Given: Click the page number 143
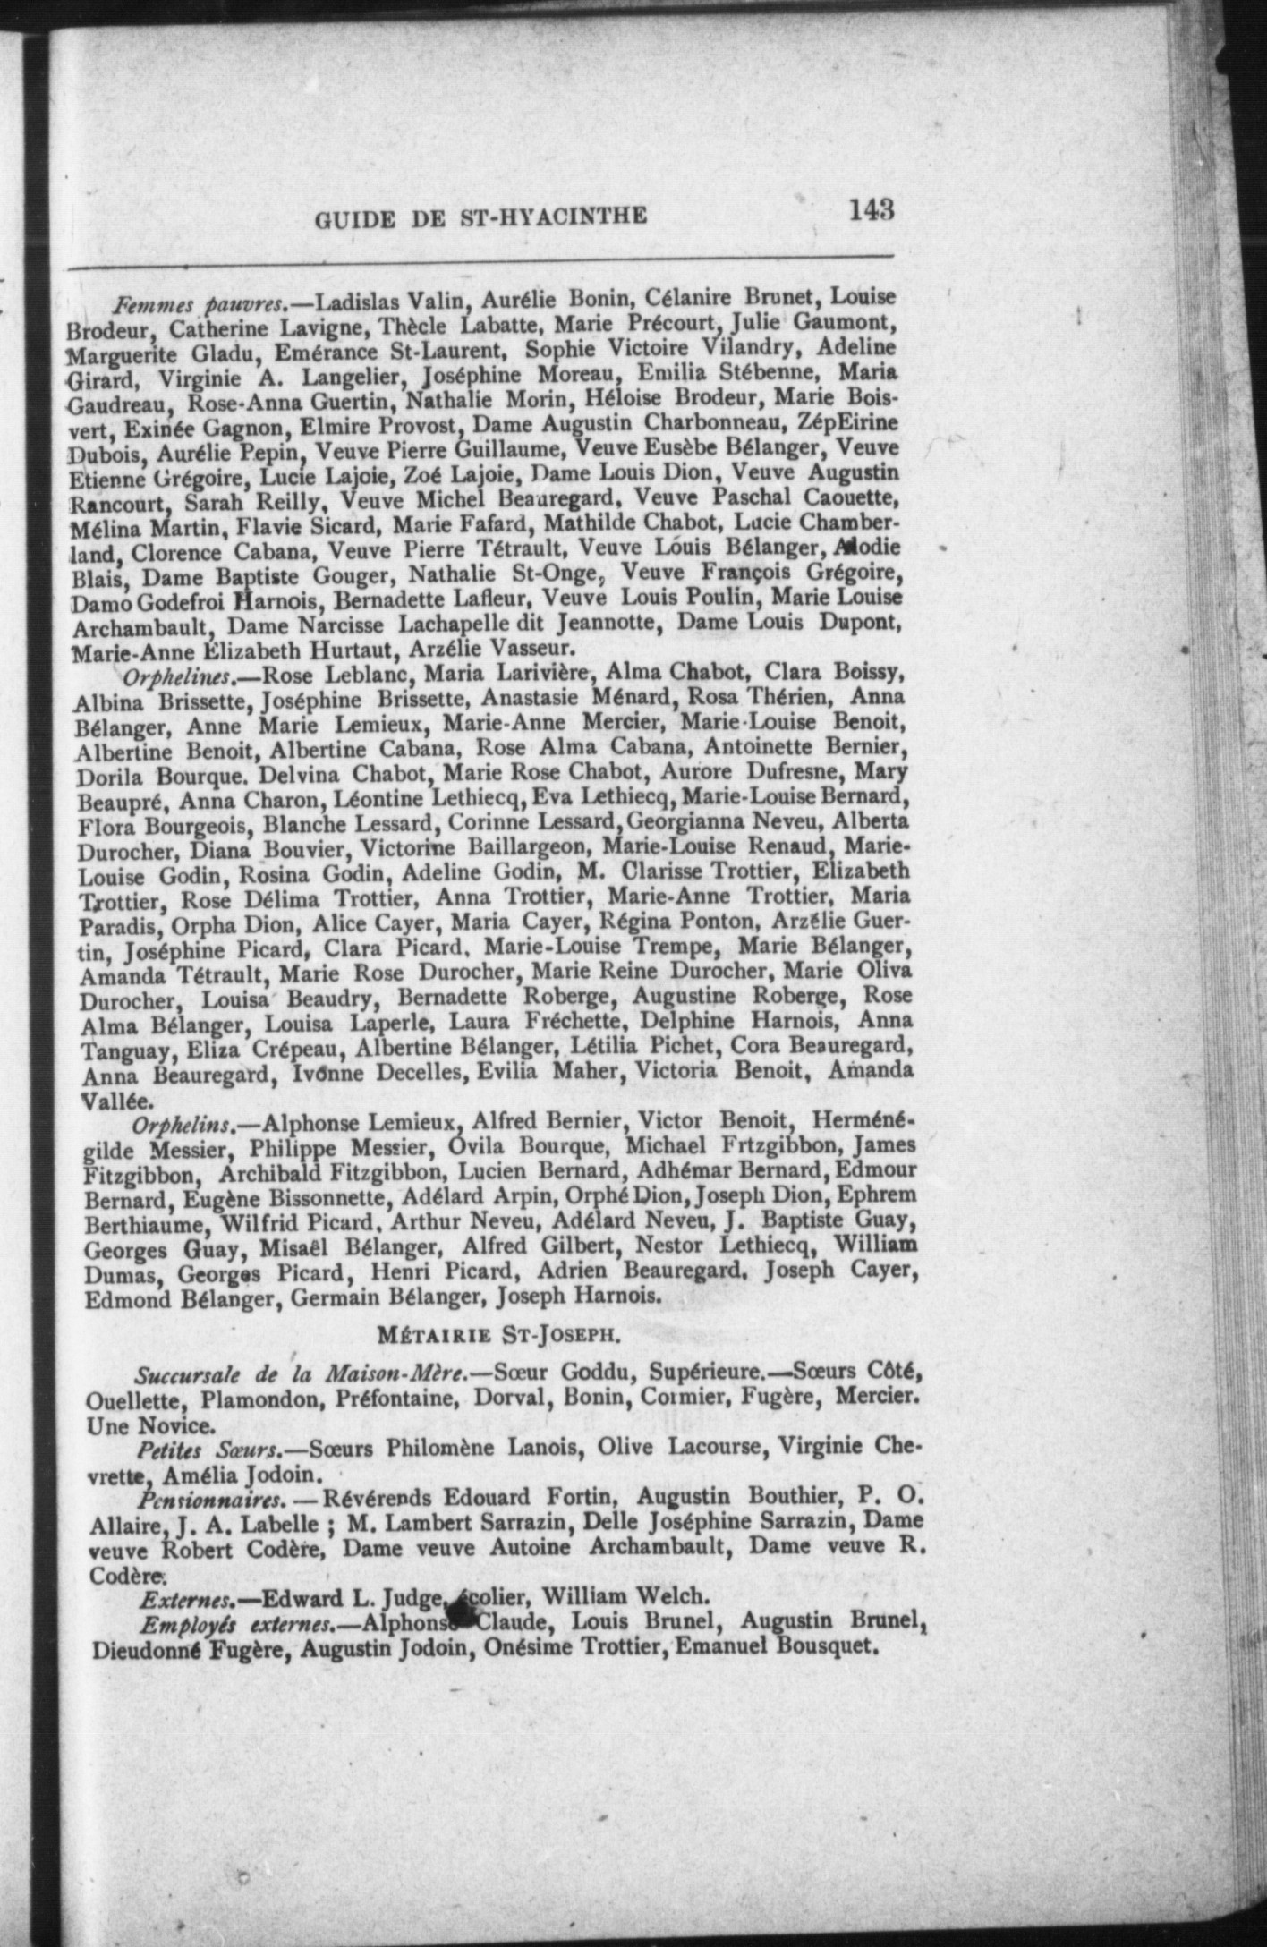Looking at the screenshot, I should (872, 210).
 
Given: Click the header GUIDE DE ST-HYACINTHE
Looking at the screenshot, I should (480, 217).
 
